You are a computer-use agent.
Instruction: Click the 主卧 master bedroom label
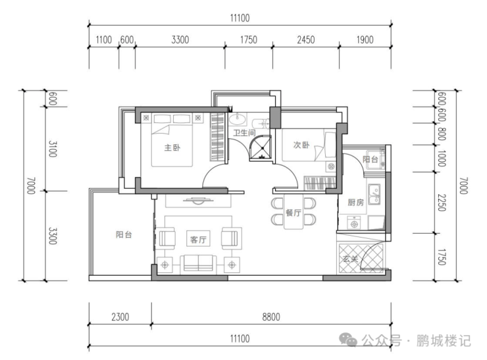[172, 147]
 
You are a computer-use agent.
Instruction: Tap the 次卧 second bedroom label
[301, 145]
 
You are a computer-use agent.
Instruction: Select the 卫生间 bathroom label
[244, 133]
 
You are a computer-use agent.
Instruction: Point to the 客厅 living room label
[198, 240]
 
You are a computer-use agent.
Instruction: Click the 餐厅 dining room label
[294, 213]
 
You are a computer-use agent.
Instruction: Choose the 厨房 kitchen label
[355, 203]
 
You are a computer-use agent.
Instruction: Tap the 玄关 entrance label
[351, 259]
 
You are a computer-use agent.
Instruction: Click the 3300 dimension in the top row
[180, 39]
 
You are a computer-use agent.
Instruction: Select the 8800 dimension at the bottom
[271, 317]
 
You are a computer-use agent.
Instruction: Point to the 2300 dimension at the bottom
[120, 317]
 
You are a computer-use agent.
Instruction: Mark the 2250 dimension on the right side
[442, 203]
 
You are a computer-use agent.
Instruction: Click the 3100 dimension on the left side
[53, 149]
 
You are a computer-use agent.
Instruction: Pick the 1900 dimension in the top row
[365, 39]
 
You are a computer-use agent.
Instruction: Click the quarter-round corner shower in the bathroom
[261, 148]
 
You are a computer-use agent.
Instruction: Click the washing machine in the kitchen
[353, 222]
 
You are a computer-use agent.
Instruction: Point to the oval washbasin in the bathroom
[238, 118]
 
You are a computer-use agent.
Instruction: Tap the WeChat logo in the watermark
[348, 340]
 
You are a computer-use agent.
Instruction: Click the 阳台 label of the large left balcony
[124, 234]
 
